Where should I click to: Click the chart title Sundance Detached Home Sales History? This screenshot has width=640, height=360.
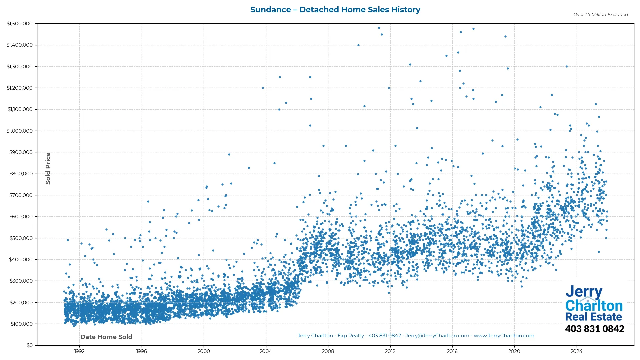[335, 10]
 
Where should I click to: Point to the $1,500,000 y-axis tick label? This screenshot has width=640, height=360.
[20, 24]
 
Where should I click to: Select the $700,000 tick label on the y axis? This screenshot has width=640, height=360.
[21, 195]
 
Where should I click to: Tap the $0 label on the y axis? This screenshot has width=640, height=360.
[30, 345]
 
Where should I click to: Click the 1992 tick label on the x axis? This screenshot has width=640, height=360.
[79, 351]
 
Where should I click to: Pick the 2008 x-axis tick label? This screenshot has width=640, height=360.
[328, 351]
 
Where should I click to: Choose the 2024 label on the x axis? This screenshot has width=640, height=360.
[577, 351]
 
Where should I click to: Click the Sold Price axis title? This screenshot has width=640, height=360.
[48, 168]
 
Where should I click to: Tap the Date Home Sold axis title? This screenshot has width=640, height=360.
[106, 337]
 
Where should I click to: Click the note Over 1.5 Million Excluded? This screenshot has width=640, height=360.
[600, 15]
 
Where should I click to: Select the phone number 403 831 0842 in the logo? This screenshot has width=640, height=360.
[594, 329]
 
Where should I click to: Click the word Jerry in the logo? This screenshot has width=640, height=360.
[584, 292]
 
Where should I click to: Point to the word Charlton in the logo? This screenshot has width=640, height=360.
[594, 306]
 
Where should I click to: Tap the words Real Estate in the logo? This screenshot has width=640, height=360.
[593, 317]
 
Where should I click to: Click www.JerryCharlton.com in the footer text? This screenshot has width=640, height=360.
[504, 336]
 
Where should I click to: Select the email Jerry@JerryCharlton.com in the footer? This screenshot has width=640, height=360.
[437, 336]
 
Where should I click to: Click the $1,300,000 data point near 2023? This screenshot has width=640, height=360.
[567, 67]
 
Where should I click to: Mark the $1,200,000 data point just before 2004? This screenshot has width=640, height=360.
[263, 88]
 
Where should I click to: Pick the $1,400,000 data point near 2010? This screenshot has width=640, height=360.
[358, 45]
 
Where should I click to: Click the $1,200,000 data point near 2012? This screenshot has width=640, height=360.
[389, 88]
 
